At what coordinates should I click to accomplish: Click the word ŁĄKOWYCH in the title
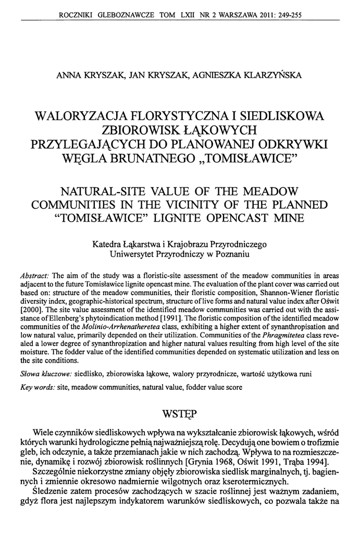(217, 128)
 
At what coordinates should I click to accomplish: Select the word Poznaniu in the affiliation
(232, 255)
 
